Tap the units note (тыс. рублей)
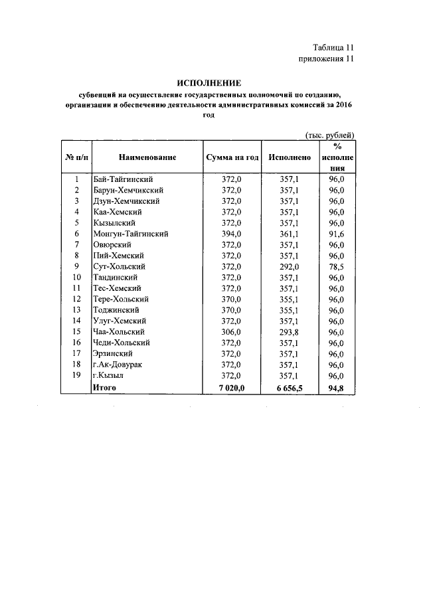point(329,135)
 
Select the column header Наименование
point(147,157)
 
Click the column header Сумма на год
point(231,157)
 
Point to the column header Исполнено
point(290,157)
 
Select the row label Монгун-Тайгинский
point(130,234)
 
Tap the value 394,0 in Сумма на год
point(231,234)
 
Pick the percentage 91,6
point(337,234)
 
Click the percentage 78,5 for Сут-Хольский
point(337,266)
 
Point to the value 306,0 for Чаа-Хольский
point(231,331)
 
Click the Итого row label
point(104,386)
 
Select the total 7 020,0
point(230,386)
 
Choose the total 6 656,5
point(288,386)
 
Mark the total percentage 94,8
point(337,386)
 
